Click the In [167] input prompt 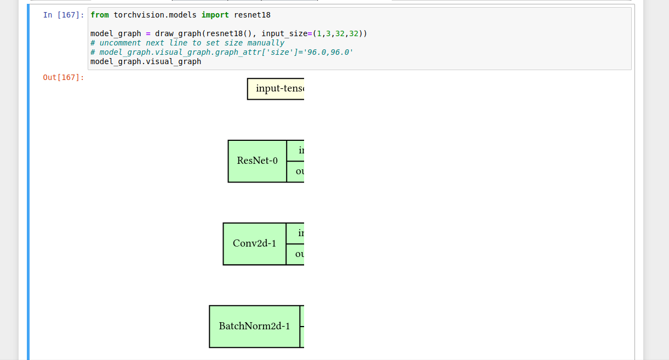(x=64, y=15)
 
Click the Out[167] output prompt (x=64, y=77)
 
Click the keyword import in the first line (x=215, y=15)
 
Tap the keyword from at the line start (x=99, y=15)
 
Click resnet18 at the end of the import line (x=252, y=15)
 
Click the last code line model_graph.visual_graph (x=146, y=61)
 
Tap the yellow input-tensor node (x=276, y=89)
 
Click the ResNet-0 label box (x=257, y=161)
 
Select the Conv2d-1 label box (x=254, y=244)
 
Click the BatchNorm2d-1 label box (x=254, y=327)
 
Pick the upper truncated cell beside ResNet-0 (x=296, y=151)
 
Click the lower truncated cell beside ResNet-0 (x=296, y=172)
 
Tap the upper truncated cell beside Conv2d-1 (x=296, y=233)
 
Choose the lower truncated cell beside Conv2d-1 (x=296, y=254)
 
